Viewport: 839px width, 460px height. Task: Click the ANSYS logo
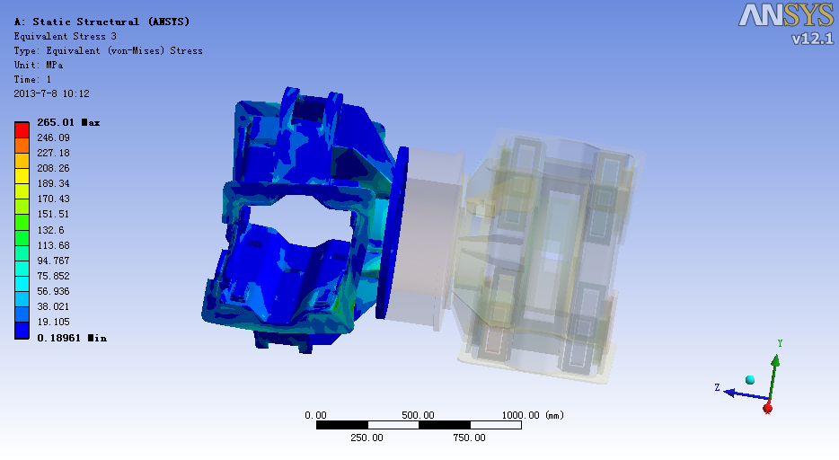(x=785, y=15)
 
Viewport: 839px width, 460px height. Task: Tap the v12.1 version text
(x=812, y=39)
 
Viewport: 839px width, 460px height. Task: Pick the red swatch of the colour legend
(x=22, y=130)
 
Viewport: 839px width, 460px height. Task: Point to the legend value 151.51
(x=53, y=214)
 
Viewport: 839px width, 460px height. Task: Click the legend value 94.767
(x=53, y=261)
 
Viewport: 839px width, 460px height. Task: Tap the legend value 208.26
(x=53, y=168)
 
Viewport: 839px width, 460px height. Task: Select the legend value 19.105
(x=53, y=322)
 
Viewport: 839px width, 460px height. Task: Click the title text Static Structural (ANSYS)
(x=110, y=22)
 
